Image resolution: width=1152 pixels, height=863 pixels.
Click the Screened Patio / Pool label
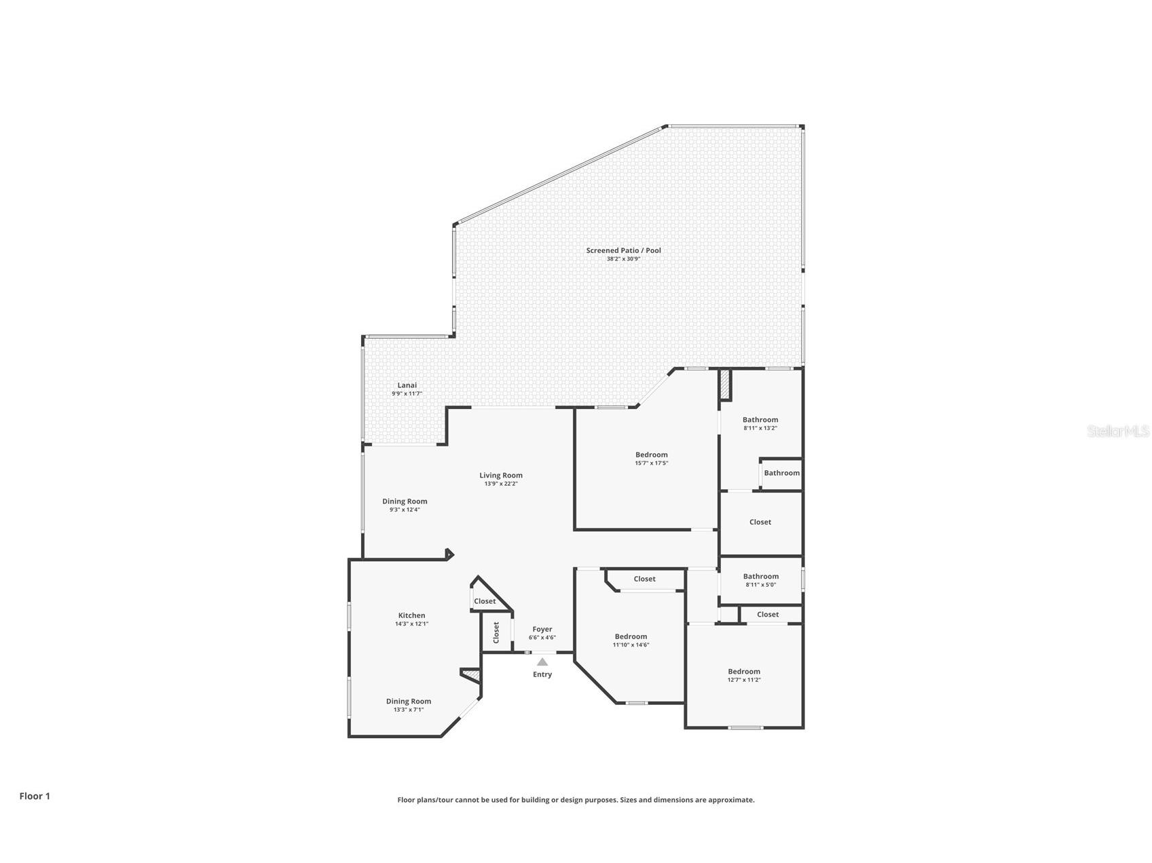click(x=623, y=250)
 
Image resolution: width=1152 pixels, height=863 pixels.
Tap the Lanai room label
click(x=407, y=385)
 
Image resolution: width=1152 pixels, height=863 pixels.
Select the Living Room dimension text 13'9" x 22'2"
click(x=501, y=484)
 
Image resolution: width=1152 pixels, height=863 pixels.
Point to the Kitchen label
click(x=411, y=615)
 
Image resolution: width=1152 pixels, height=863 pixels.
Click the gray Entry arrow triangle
click(x=542, y=661)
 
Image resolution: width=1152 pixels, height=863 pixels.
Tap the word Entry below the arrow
click(x=542, y=674)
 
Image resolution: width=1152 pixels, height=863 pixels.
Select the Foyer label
click(x=542, y=629)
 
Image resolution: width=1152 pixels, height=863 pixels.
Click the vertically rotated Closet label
click(x=496, y=632)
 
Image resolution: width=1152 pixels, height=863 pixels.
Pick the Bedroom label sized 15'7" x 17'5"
click(x=651, y=455)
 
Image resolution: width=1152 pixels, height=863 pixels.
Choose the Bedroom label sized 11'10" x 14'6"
click(x=631, y=636)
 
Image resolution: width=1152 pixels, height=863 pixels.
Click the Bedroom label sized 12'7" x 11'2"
click(x=744, y=671)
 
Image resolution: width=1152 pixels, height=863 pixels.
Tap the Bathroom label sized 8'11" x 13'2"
click(x=760, y=419)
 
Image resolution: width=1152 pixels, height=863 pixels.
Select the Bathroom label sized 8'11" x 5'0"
click(x=760, y=576)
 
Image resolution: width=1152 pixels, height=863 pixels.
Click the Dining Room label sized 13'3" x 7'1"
click(x=408, y=701)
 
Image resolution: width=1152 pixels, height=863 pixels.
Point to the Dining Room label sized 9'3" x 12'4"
click(x=405, y=501)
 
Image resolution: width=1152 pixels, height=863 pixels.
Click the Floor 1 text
click(x=35, y=796)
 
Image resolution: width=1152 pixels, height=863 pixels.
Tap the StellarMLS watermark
click(x=1117, y=431)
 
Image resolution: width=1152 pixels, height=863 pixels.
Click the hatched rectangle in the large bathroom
click(x=725, y=385)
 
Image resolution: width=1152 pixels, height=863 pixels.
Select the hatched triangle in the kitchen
click(x=471, y=674)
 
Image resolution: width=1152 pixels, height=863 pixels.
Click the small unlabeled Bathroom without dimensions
click(x=781, y=473)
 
